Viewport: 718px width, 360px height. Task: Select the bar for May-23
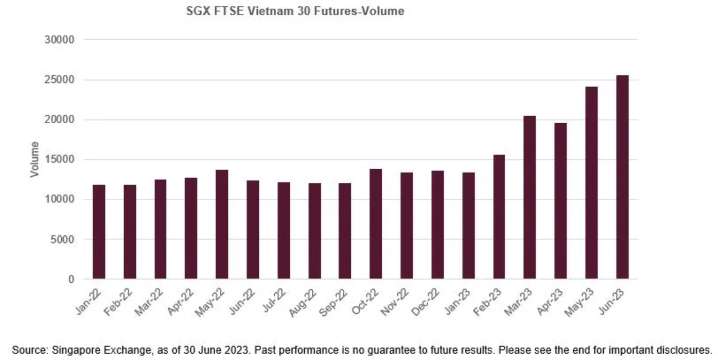point(591,183)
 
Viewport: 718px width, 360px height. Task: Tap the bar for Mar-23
point(530,197)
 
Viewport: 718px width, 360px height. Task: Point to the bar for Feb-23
point(499,217)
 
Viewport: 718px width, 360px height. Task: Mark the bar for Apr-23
point(561,201)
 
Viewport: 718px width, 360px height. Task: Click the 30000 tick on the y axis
point(61,40)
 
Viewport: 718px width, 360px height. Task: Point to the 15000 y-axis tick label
point(61,159)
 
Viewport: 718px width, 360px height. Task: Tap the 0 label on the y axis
point(72,280)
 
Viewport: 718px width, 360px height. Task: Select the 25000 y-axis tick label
point(61,80)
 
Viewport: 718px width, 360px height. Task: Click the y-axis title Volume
point(34,159)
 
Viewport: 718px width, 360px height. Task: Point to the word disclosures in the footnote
point(683,349)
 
